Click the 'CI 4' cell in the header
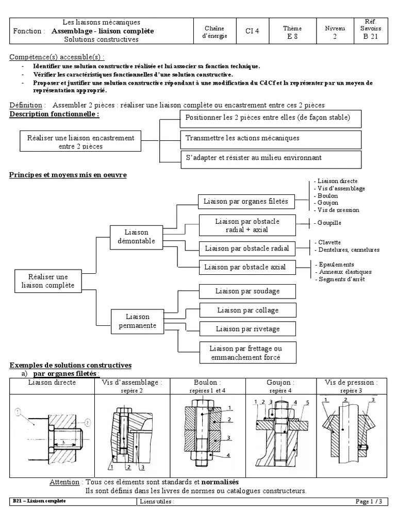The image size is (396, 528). coord(252,31)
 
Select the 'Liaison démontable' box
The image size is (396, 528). coord(137,237)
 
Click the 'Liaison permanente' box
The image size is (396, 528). coord(137,321)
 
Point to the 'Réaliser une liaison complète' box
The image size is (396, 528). coord(48,281)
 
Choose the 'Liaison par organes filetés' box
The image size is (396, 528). coord(246,201)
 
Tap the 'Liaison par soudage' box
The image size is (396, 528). coord(247,291)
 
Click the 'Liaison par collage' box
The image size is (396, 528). coord(247,310)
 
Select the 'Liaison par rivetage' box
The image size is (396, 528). coord(247,328)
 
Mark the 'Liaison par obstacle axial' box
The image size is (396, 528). coord(244,267)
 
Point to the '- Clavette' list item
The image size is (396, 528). coord(328,242)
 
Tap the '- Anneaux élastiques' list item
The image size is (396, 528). coord(343,272)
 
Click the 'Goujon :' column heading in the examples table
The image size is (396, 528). coord(280,383)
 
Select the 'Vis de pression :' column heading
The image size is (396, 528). coord(351,383)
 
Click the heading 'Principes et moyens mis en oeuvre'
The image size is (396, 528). coord(68,175)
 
